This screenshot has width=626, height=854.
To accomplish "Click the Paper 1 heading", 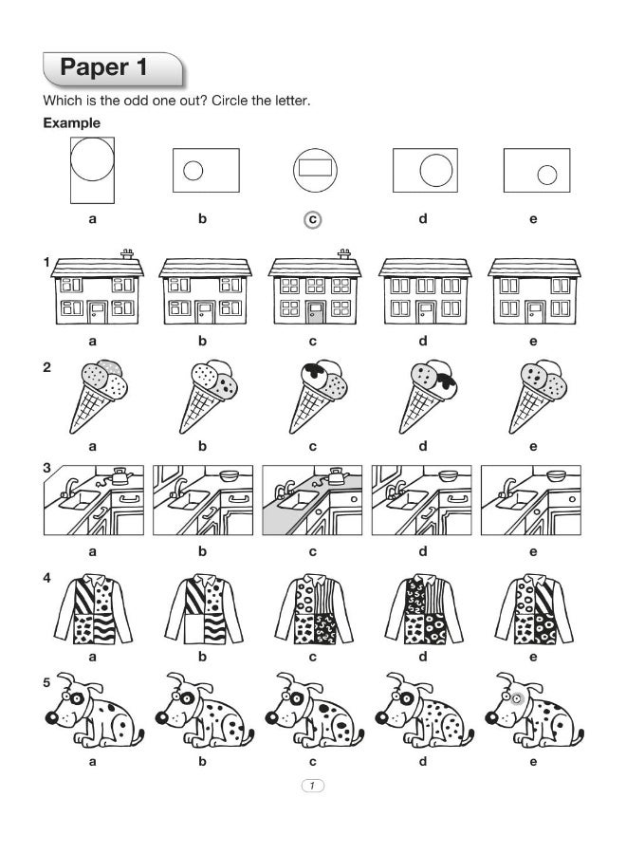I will (x=107, y=68).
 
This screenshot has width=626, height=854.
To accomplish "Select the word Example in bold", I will (x=71, y=123).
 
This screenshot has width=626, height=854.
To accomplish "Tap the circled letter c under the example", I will (x=312, y=219).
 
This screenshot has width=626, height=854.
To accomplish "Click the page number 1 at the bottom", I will (x=312, y=785).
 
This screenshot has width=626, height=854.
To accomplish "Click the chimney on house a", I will (x=126, y=253).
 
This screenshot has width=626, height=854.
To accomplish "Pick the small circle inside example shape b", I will (x=193, y=171).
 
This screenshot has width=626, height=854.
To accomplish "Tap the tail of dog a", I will (x=140, y=735).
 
